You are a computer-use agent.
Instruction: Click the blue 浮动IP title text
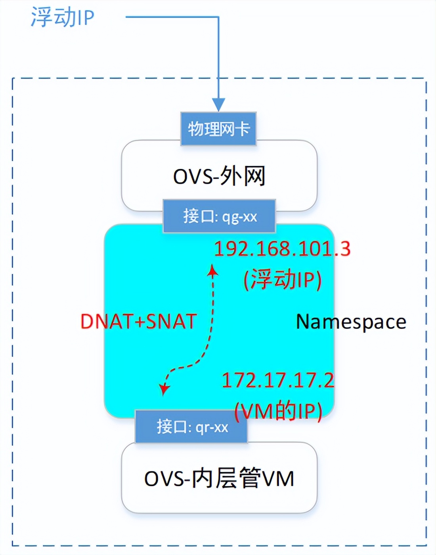pyautogui.click(x=63, y=17)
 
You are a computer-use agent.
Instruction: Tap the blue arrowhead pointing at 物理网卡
pyautogui.click(x=218, y=105)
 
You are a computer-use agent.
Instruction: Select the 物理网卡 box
pyautogui.click(x=218, y=129)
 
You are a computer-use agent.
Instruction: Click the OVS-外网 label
pyautogui.click(x=219, y=176)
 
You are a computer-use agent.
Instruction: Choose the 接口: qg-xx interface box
pyautogui.click(x=219, y=216)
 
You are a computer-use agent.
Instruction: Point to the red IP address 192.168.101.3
pyautogui.click(x=282, y=249)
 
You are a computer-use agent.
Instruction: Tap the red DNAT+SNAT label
pyautogui.click(x=138, y=321)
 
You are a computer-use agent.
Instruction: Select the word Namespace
pyautogui.click(x=351, y=321)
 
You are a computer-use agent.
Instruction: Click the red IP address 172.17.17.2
pyautogui.click(x=278, y=380)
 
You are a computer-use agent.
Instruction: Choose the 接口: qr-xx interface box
pyautogui.click(x=191, y=427)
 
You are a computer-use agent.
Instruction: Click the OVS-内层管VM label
pyautogui.click(x=219, y=478)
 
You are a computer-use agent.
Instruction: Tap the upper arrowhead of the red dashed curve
pyautogui.click(x=213, y=270)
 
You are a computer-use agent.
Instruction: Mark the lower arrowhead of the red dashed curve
pyautogui.click(x=163, y=389)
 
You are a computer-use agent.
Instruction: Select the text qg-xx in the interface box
pyautogui.click(x=239, y=217)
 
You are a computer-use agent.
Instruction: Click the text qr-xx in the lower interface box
pyautogui.click(x=212, y=428)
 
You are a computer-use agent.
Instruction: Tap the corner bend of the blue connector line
pyautogui.click(x=218, y=17)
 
